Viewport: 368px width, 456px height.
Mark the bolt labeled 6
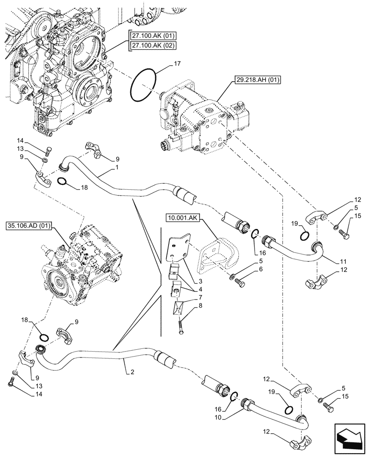pos(239,281)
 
